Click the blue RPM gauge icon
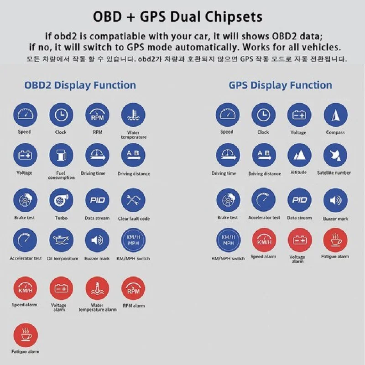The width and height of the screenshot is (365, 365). click(97, 115)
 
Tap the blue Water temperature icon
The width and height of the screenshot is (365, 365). click(133, 115)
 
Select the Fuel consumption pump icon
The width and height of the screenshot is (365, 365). click(61, 155)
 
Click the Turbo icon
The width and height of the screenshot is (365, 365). click(61, 200)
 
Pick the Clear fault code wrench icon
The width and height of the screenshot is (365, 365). click(133, 200)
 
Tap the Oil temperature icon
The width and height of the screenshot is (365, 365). click(61, 240)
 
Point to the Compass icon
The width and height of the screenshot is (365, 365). click(335, 115)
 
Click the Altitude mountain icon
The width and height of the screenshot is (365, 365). click(299, 155)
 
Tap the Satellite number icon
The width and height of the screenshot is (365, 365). click(335, 155)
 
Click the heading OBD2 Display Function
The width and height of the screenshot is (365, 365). click(80, 85)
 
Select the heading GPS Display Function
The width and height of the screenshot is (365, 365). click(281, 85)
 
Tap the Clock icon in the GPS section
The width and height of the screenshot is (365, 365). click(263, 115)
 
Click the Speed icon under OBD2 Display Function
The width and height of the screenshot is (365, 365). click(26, 115)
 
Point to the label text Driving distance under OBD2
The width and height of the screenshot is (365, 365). click(134, 174)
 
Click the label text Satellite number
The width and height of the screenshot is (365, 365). click(334, 173)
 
